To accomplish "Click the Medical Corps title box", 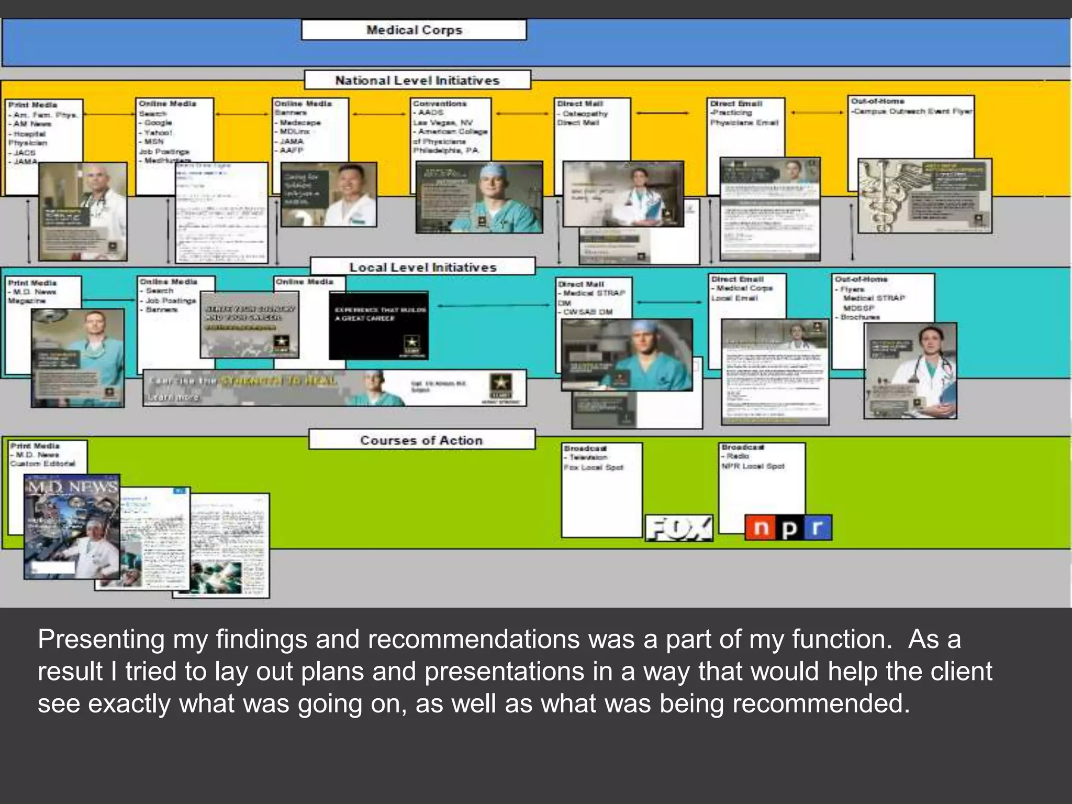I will pos(414,30).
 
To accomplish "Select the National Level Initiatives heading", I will pos(417,80).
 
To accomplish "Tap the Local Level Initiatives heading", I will pos(422,267).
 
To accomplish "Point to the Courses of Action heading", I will pos(421,440).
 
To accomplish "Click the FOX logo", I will pos(679,528).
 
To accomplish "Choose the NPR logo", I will pos(788,528).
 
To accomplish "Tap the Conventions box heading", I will pos(440,104).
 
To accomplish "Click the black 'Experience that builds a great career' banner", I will pos(378,326).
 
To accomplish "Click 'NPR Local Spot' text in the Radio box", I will pos(753,466).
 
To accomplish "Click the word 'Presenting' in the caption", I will pos(101,639).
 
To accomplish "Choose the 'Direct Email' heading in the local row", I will pos(738,279).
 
